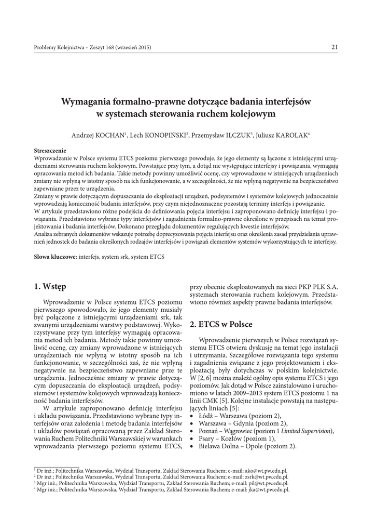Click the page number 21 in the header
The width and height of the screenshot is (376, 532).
pos(335,48)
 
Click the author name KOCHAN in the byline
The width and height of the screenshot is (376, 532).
pos(110,135)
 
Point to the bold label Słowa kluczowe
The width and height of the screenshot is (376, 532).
pos(55,257)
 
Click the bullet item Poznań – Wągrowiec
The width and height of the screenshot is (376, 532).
pos(229,432)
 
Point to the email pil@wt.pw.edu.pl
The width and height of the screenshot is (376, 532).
pos(269,483)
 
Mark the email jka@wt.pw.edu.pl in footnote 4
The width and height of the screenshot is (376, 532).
pos(269,489)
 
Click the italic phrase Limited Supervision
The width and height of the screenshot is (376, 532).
pos(307,432)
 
